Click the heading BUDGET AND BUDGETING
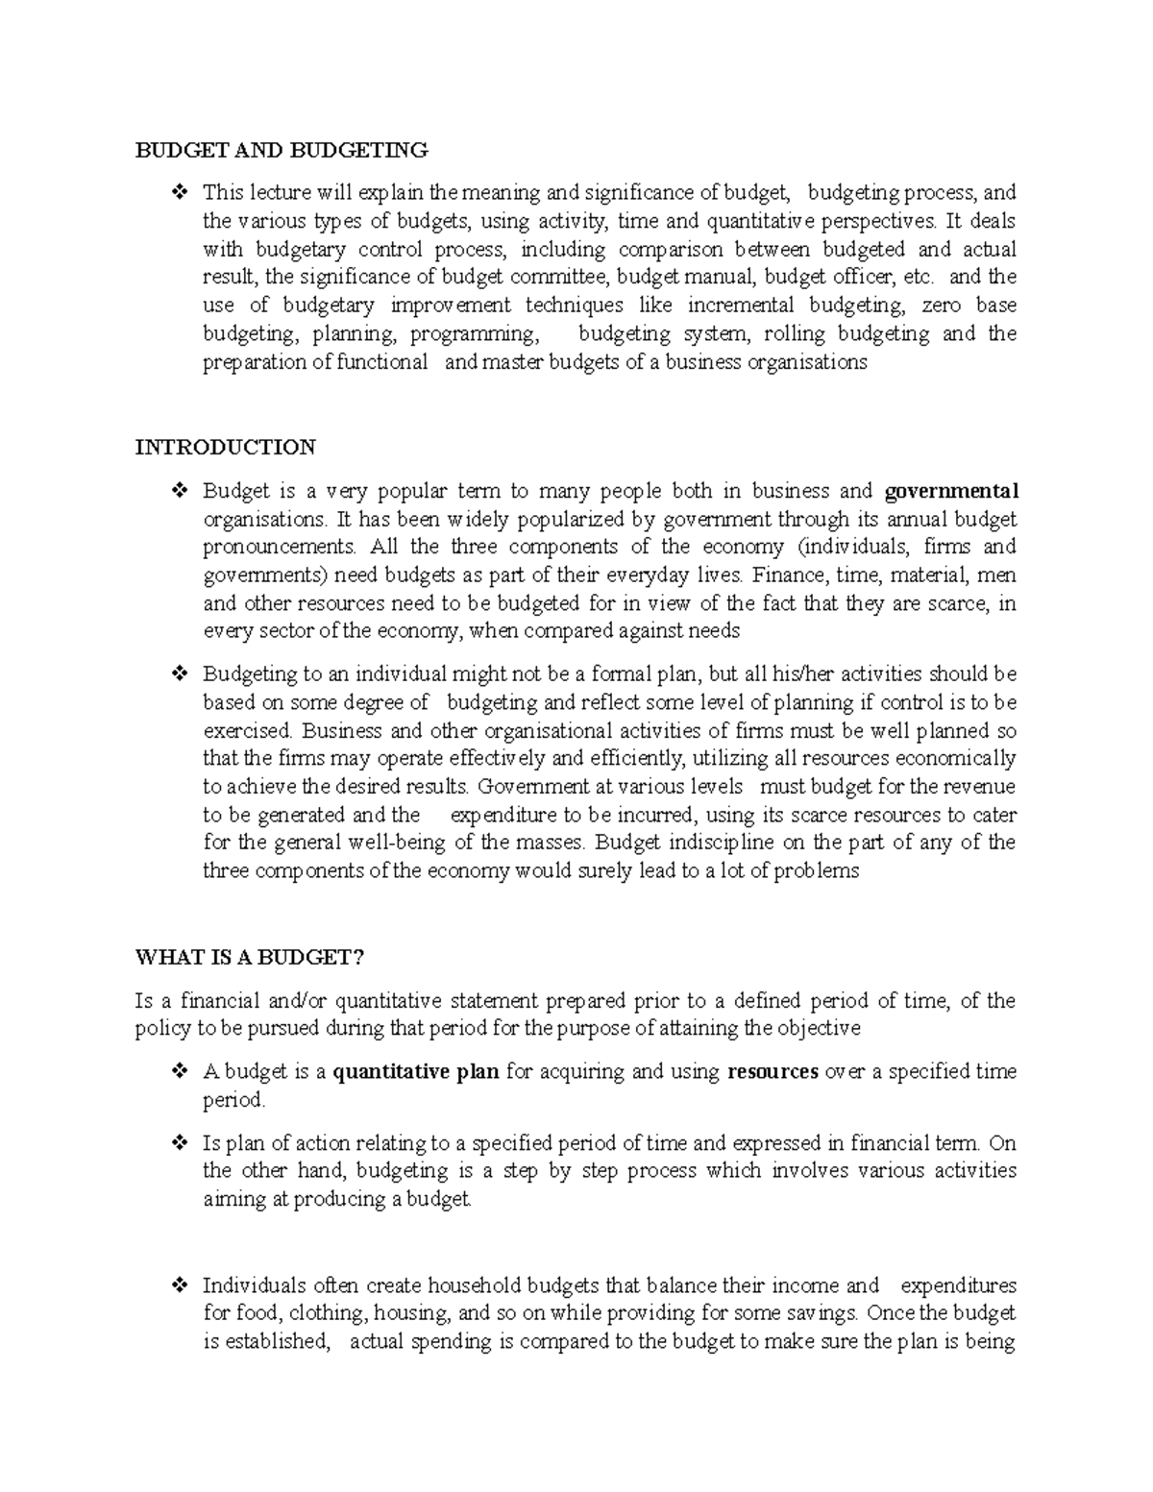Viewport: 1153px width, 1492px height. [x=281, y=150]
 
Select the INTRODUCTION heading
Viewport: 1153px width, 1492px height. [x=225, y=448]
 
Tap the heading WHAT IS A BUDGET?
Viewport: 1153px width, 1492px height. [x=251, y=958]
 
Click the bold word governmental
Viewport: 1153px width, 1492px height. [x=950, y=492]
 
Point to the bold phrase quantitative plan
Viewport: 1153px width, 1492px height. [x=415, y=1072]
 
